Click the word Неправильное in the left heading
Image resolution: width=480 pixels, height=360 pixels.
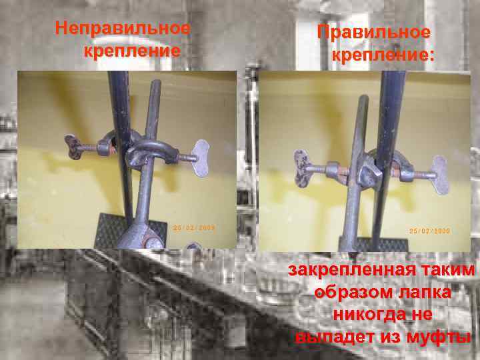tap(123, 29)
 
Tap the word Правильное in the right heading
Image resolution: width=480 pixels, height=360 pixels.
tap(373, 32)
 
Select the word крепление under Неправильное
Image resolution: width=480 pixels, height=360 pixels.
tap(132, 51)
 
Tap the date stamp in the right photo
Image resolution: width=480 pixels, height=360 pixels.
tap(430, 231)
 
